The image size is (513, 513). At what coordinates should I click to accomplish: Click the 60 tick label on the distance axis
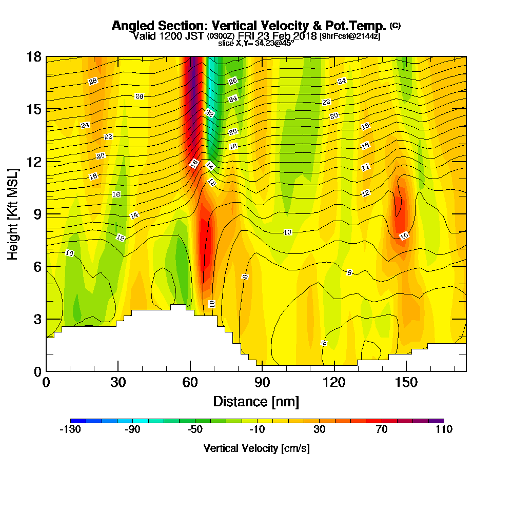[190, 383]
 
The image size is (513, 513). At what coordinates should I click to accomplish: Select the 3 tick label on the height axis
[37, 319]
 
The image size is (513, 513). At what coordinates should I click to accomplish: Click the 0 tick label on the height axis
[37, 371]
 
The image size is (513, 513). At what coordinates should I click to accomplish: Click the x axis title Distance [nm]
[256, 401]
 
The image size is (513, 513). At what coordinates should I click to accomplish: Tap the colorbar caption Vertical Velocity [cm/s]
[256, 448]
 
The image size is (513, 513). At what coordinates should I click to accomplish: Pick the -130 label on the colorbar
[70, 430]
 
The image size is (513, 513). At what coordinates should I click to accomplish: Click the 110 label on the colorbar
[444, 430]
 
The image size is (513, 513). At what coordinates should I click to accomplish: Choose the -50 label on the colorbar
[195, 430]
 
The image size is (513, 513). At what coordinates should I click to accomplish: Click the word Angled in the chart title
[132, 26]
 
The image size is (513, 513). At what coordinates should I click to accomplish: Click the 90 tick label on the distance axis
[262, 383]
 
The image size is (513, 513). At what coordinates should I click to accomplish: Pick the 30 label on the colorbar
[320, 430]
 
